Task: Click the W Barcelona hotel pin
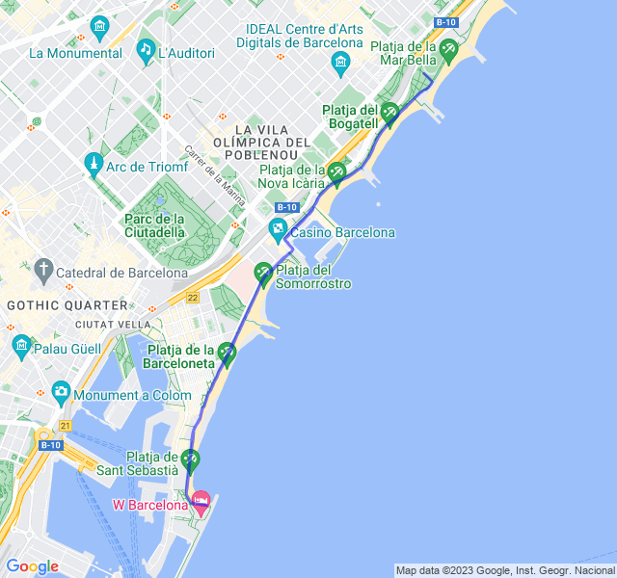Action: [201, 501]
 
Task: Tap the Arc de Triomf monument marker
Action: [94, 165]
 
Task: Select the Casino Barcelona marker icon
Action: [278, 230]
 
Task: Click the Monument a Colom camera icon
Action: [62, 392]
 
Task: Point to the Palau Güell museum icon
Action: [21, 345]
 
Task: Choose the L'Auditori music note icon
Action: [145, 49]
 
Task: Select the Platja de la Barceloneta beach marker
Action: [228, 354]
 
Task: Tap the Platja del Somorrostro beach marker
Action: [263, 275]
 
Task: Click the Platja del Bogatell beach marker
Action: [389, 114]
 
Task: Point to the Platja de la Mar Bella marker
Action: [448, 49]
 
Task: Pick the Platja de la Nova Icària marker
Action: [336, 173]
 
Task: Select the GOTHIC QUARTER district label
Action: [54, 304]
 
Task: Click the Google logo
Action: [32, 566]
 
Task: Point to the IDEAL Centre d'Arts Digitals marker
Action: [339, 65]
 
